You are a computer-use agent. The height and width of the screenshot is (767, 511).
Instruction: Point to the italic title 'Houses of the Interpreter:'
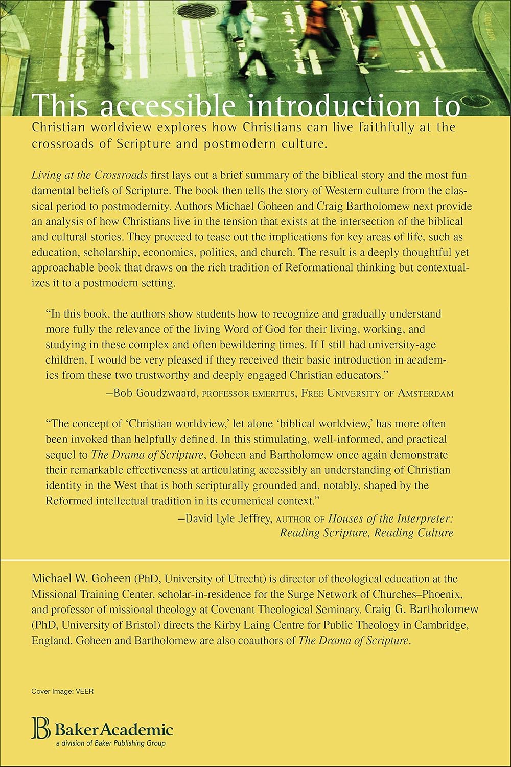[391, 518]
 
